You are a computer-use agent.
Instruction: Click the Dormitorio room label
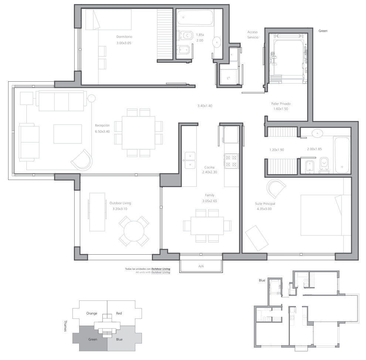124,37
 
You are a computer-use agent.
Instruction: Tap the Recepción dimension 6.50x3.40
102,131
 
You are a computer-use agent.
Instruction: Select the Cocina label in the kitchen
209,167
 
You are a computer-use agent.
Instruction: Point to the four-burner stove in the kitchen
231,161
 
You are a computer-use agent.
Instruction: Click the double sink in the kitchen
190,160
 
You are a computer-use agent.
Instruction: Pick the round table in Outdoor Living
134,231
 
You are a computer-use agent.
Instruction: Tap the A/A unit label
201,266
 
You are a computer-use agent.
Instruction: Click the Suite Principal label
265,204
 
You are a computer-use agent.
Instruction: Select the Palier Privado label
281,103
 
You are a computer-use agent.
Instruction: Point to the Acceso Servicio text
253,34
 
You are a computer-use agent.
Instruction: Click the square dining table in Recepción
138,133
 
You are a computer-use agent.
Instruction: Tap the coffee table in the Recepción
68,134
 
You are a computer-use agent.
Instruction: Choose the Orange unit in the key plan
92,313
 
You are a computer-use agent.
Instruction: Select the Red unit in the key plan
119,313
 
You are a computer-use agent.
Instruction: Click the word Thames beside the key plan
65,326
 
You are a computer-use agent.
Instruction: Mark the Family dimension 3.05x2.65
210,201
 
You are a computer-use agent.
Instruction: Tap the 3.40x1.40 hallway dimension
205,106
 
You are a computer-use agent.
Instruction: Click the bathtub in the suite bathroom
342,155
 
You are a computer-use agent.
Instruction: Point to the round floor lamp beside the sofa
92,98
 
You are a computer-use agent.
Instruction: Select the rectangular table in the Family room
207,226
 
